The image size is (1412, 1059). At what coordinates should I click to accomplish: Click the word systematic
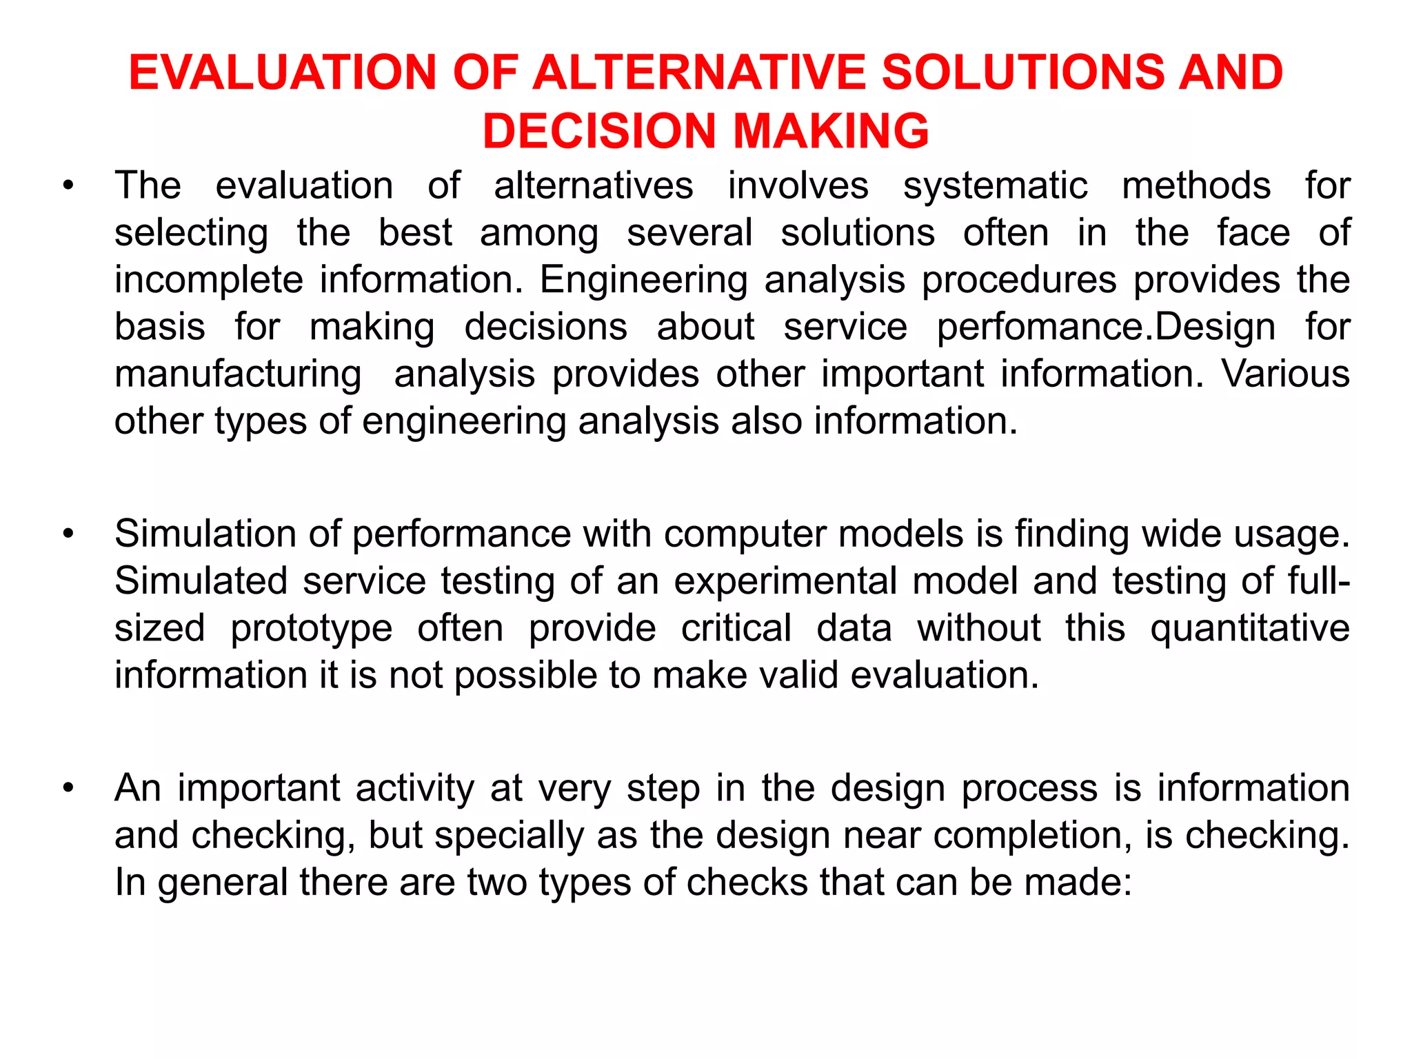coord(995,186)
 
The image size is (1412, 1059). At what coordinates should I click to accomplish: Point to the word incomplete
coord(208,281)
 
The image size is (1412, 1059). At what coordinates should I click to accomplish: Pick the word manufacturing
coord(238,375)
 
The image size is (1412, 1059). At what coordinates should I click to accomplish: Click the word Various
coord(1285,374)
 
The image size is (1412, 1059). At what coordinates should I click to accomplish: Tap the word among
coord(539,233)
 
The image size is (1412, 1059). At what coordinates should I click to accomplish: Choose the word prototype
coord(311,629)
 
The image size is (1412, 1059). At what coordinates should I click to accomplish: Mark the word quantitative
coord(1249,629)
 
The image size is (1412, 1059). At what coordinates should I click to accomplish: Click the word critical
coord(736,628)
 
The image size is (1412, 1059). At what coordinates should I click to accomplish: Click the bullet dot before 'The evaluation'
coord(67,187)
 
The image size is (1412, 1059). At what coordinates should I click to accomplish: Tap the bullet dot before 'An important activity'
coord(67,789)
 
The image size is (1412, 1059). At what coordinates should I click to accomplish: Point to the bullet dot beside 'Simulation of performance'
coord(67,534)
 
